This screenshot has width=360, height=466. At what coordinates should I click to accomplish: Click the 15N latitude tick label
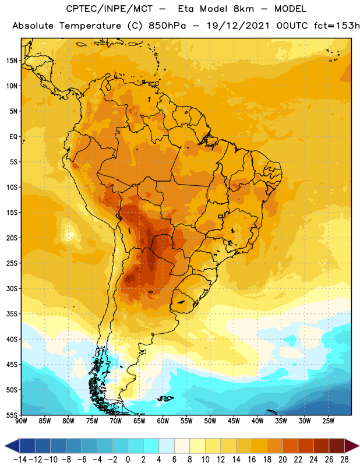pos(12,61)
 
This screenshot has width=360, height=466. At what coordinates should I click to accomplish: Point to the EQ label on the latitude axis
pos(13,137)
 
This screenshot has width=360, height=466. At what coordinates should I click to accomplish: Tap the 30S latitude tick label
pos(12,288)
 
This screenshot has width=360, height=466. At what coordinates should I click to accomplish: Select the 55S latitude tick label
pos(12,415)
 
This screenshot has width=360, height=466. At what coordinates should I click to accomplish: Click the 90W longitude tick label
pos(21,421)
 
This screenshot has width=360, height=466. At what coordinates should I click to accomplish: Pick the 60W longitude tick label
pos(163,421)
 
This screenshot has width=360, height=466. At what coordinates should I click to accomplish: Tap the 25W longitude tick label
pos(328,421)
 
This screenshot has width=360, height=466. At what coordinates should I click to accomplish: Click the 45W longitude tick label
pos(234,421)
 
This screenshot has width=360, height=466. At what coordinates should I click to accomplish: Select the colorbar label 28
pos(344,460)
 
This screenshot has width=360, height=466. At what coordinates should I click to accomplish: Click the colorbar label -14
pos(20,460)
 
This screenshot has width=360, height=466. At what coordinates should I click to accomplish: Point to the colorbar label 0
pos(128,460)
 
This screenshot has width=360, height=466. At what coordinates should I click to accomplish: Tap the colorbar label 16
pos(252,460)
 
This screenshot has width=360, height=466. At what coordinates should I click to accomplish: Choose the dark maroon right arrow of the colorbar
pos(351,446)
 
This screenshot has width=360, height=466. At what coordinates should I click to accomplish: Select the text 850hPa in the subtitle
pos(167,26)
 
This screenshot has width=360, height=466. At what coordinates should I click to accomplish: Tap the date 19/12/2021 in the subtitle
pos(238,26)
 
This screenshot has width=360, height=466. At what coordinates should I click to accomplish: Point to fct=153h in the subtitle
pos(337,26)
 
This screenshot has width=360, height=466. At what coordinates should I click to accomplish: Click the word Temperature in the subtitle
pos(90,26)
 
